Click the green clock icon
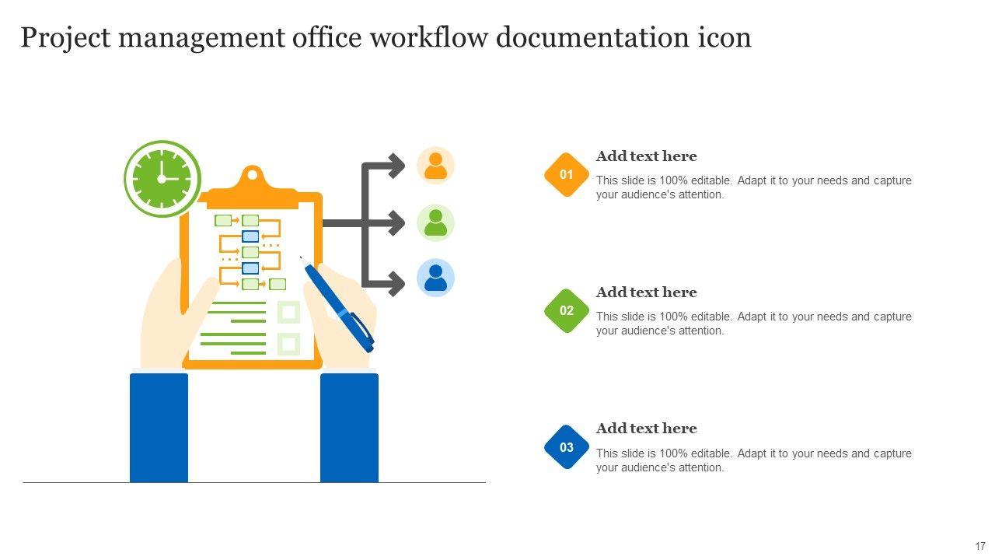tap(162, 178)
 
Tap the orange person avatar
tap(435, 166)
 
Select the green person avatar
tap(435, 222)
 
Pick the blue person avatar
tap(435, 278)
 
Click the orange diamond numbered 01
tap(567, 174)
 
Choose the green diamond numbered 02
tap(567, 310)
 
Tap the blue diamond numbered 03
tap(567, 447)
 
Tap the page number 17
tap(980, 546)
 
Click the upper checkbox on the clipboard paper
tap(288, 313)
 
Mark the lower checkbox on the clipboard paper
tap(288, 344)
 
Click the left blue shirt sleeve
tap(159, 427)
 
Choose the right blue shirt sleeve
tap(349, 427)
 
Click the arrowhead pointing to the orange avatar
tap(397, 166)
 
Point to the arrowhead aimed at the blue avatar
tap(397, 283)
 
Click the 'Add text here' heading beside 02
tap(646, 292)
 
